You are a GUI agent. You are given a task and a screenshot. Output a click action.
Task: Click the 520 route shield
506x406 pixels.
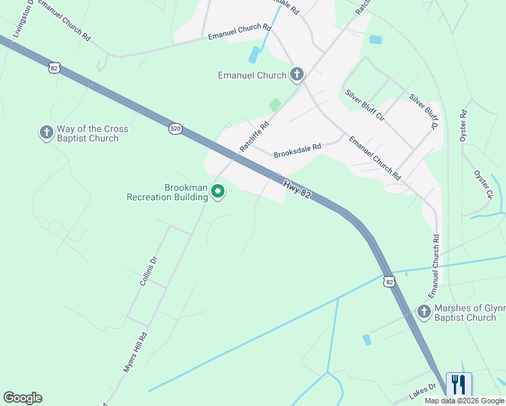[175, 129]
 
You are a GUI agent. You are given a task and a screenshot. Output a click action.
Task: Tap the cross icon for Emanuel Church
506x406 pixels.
[296, 74]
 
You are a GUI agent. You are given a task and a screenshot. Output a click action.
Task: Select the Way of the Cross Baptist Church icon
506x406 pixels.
[46, 133]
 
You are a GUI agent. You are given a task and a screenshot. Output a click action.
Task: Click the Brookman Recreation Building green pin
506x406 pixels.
[218, 192]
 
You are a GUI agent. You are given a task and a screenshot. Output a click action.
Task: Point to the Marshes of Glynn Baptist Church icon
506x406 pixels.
[423, 312]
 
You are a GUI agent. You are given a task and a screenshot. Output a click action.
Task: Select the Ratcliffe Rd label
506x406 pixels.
[254, 136]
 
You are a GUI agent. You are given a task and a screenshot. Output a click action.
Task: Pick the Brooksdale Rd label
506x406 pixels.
[297, 150]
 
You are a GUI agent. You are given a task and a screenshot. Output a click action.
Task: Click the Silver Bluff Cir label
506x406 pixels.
[365, 106]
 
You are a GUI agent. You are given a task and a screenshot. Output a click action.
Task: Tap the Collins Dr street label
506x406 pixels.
[149, 271]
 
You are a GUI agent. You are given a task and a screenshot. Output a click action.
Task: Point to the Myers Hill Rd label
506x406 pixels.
[135, 352]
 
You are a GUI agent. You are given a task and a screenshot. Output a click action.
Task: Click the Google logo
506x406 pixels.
[22, 398]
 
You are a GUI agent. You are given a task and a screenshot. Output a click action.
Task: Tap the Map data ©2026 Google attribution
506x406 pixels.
[465, 401]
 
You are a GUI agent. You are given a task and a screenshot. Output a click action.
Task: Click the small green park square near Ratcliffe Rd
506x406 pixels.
[275, 105]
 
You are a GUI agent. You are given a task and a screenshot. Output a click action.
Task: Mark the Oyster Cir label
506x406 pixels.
[483, 184]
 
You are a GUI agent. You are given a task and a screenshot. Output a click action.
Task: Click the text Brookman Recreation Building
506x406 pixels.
[167, 192]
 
